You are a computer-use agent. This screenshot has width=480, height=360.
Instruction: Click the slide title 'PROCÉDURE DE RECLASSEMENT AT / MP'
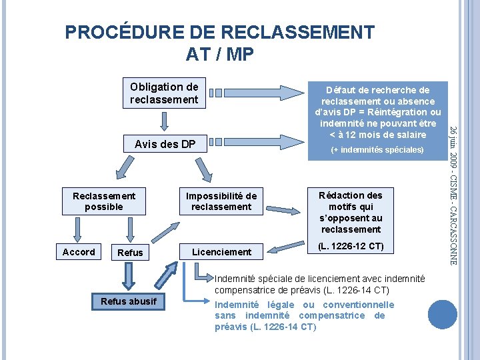[x=220, y=43]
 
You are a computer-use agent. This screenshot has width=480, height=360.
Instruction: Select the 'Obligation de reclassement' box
[x=164, y=93]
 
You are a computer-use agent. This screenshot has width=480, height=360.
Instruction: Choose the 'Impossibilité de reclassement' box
[x=221, y=201]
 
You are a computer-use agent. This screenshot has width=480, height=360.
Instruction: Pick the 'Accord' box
[x=79, y=251]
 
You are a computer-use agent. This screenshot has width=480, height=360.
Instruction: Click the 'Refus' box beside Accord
[x=129, y=252]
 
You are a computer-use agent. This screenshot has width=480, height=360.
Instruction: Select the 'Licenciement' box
[x=221, y=251]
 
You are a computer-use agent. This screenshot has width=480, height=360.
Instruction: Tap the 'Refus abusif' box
[x=129, y=301]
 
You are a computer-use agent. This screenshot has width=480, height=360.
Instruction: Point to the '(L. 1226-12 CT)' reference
[x=350, y=246]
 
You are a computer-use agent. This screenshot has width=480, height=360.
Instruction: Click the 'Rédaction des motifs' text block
[x=350, y=212]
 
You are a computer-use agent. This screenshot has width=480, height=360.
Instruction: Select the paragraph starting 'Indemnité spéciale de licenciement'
[x=319, y=284]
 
